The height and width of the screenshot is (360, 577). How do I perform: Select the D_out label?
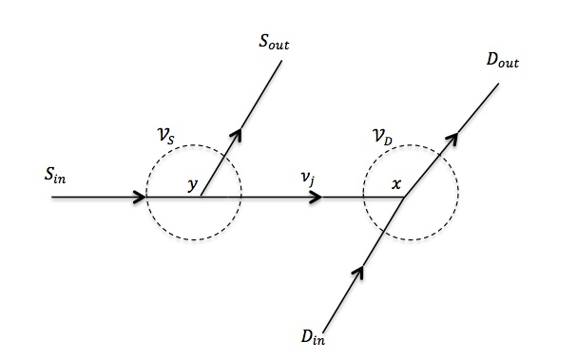tap(503, 61)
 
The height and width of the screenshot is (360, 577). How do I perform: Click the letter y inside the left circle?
tap(193, 185)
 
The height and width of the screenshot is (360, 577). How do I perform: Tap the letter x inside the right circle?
tap(396, 184)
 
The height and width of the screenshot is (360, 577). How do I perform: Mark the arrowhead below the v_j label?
tap(317, 198)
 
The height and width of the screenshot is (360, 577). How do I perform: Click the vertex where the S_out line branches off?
tap(202, 198)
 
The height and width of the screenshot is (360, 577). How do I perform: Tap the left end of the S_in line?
tap(52, 198)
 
